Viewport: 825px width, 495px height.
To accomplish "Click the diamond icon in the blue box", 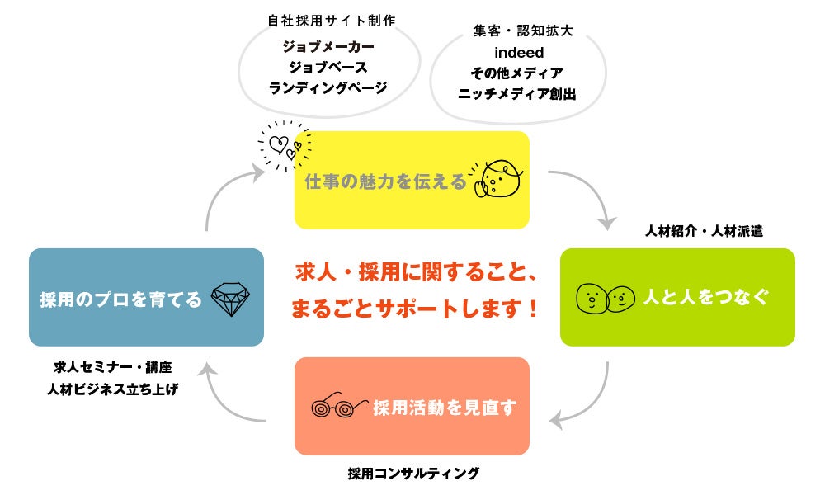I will (x=230, y=298).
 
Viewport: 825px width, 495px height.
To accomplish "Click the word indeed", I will (x=518, y=53).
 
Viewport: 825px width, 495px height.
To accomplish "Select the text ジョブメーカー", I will (x=328, y=48).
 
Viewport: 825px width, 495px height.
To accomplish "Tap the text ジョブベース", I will (x=328, y=68).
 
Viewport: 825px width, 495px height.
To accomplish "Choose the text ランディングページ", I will (x=328, y=87).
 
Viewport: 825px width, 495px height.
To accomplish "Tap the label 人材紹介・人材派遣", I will (x=704, y=232).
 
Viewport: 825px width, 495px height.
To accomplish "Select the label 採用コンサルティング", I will (x=413, y=474).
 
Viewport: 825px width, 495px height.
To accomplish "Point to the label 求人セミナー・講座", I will (x=113, y=367).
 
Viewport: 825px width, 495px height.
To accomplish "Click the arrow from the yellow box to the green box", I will (x=592, y=194).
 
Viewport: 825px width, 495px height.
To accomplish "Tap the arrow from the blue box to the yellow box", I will (x=223, y=194).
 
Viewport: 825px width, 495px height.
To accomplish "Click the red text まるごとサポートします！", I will (x=416, y=309).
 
